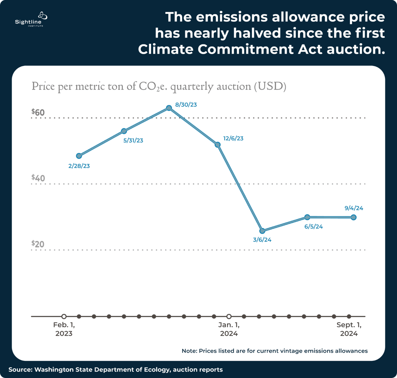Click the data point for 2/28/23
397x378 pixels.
(79, 156)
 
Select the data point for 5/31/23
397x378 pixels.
(124, 131)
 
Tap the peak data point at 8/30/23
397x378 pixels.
(169, 108)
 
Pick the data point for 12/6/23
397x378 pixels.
(218, 145)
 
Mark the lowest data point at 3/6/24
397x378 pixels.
(262, 231)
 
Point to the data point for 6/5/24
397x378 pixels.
(307, 217)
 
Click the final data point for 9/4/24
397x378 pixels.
(353, 217)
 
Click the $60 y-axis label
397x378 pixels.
(38, 112)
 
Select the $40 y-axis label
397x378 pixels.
(38, 178)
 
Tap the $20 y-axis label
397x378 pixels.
(38, 244)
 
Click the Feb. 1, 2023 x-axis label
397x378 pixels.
(64, 329)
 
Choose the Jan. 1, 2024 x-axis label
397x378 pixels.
(229, 329)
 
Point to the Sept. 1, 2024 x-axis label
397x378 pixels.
(349, 329)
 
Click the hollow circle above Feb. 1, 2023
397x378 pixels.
(64, 316)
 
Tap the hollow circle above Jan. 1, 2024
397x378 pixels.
(229, 316)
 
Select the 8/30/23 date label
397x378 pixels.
(186, 105)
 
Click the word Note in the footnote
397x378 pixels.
(189, 351)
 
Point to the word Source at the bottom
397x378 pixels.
(20, 370)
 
